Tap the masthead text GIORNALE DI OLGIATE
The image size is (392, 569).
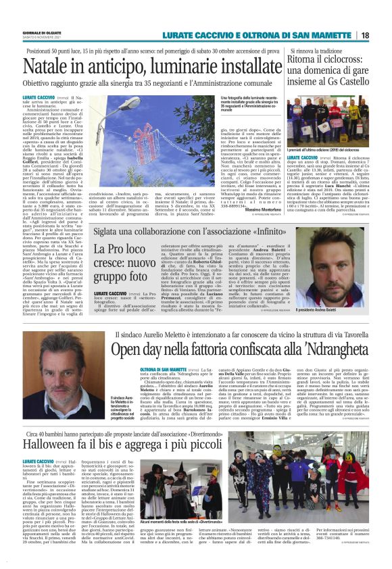coord(41,32)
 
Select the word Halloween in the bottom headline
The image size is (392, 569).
coord(54,467)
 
